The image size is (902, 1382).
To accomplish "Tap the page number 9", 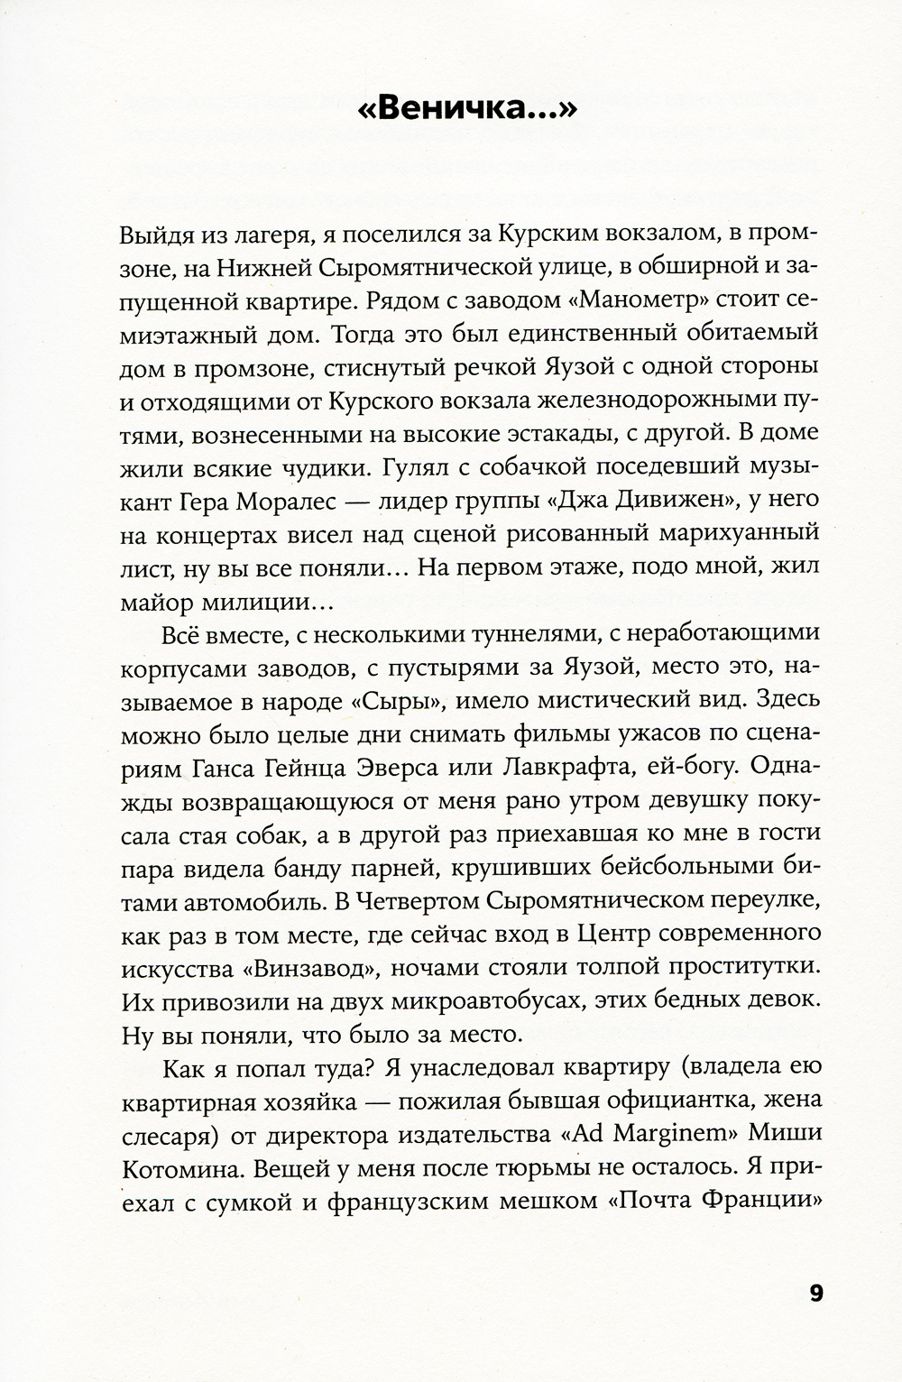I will [x=815, y=1293].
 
